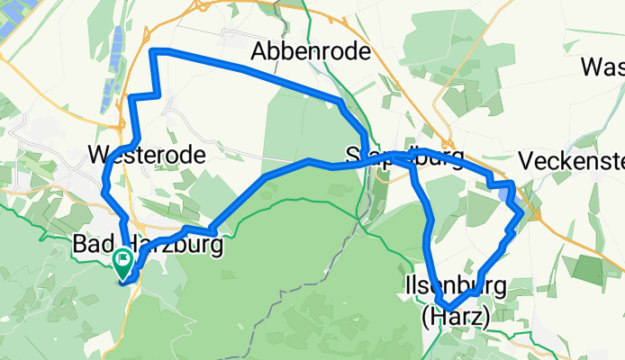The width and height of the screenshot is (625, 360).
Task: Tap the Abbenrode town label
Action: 311,51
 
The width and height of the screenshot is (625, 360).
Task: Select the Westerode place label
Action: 148,155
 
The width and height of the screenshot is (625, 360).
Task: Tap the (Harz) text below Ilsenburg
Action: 455,317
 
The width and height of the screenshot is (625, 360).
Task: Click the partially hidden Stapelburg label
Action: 405,159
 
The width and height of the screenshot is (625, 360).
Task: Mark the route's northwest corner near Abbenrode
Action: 153,51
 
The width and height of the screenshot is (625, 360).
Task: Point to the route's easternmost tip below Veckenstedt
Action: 521,212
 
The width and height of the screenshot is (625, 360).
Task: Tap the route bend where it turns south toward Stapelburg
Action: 341,103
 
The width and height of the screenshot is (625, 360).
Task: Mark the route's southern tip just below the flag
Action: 124,282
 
